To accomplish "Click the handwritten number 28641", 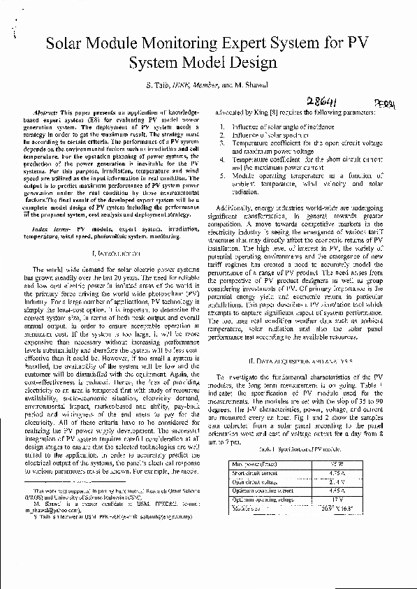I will click(x=321, y=102).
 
